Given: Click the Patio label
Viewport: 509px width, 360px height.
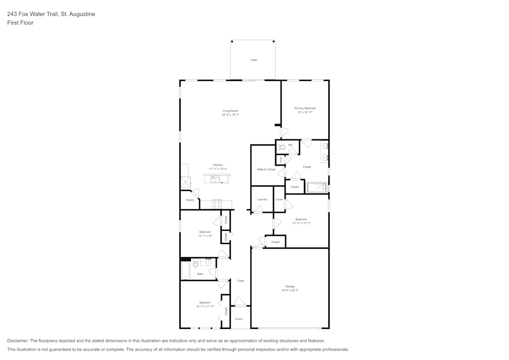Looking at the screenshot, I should pyautogui.click(x=254, y=60).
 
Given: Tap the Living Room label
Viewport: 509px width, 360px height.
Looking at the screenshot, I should pyautogui.click(x=231, y=110).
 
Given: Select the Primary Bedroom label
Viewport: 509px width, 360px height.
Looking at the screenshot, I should pyautogui.click(x=305, y=108).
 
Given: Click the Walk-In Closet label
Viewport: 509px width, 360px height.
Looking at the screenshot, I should pyautogui.click(x=266, y=169).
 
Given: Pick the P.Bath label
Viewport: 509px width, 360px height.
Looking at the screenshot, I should pyautogui.click(x=307, y=167).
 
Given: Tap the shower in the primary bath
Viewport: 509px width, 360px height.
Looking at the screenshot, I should pyautogui.click(x=317, y=187).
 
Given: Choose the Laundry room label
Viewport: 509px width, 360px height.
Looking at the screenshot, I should pyautogui.click(x=262, y=199).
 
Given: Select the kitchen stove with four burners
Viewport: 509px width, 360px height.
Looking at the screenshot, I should pyautogui.click(x=217, y=204).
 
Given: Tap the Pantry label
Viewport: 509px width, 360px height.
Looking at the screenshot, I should pyautogui.click(x=190, y=200).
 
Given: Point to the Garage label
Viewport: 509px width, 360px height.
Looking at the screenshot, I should pyautogui.click(x=290, y=286).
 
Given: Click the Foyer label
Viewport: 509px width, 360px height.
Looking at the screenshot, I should pyautogui.click(x=241, y=281).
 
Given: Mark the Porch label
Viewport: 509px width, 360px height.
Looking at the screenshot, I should pyautogui.click(x=239, y=319).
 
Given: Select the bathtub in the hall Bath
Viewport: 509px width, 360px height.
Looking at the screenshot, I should pyautogui.click(x=185, y=270).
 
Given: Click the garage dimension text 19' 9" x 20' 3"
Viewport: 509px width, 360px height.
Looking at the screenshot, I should pyautogui.click(x=290, y=290).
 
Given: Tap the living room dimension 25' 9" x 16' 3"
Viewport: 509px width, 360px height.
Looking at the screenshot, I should pyautogui.click(x=231, y=115).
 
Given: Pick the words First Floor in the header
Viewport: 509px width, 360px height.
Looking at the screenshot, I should pyautogui.click(x=20, y=23).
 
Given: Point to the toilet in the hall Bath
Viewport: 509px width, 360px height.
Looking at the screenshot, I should pyautogui.click(x=195, y=264).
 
